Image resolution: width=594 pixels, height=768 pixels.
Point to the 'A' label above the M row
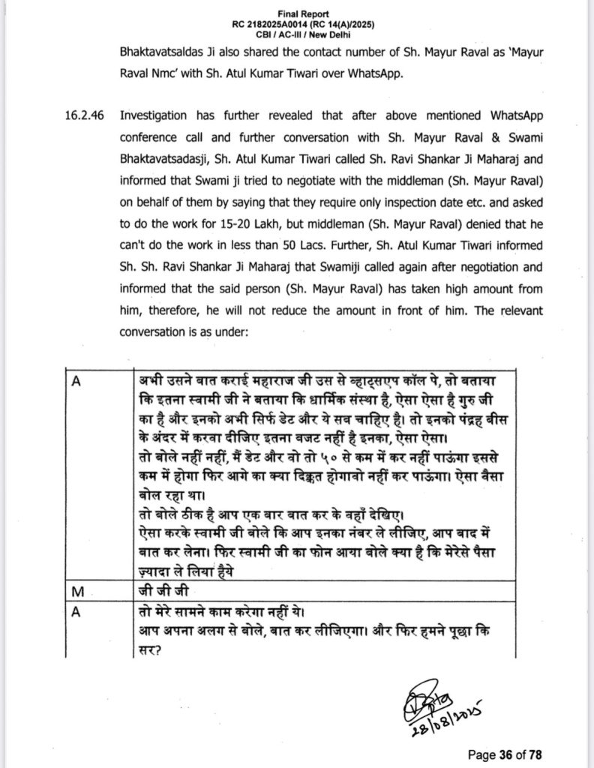tap(75, 379)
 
